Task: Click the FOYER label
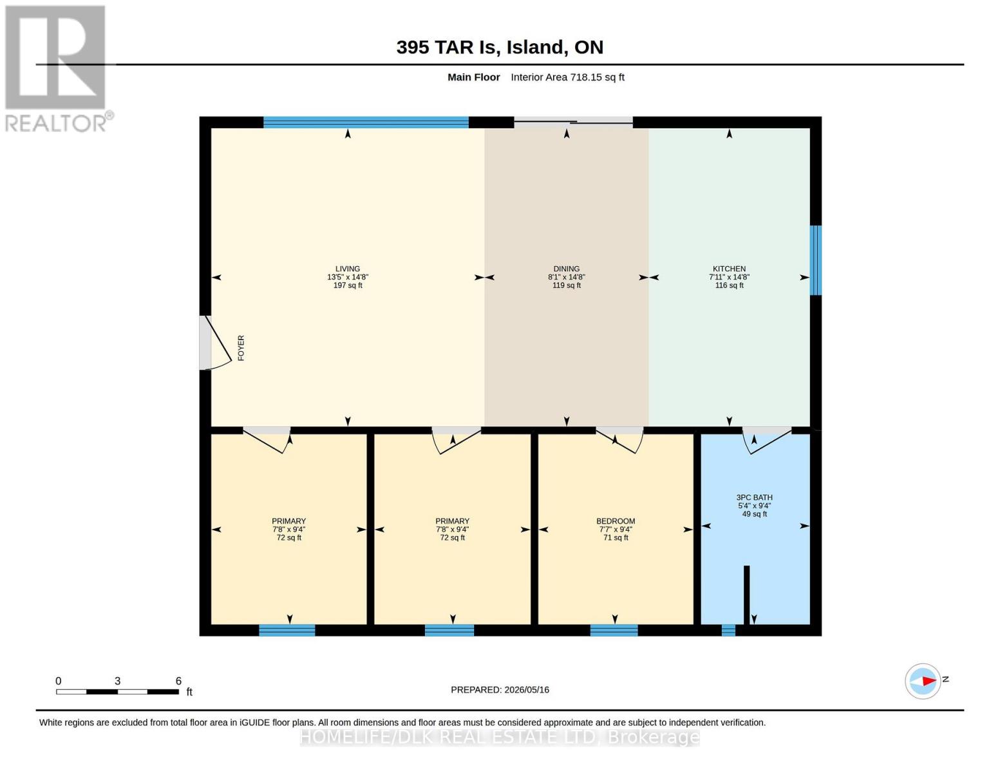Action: point(241,348)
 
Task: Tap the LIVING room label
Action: point(348,269)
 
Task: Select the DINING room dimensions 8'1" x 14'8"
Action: point(567,277)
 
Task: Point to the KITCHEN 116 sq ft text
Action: point(729,285)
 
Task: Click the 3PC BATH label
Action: point(754,497)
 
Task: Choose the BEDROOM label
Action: point(616,521)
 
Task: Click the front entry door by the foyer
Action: point(215,343)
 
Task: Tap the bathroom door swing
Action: point(767,441)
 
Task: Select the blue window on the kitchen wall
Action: point(815,260)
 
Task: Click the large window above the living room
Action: point(366,122)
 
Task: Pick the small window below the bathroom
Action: point(728,630)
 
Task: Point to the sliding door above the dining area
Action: point(573,121)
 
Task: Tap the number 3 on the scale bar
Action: point(117,681)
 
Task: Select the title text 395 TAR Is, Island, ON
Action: point(500,47)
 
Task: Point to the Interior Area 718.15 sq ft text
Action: point(567,77)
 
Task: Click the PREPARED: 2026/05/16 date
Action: point(500,690)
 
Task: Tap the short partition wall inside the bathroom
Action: point(747,595)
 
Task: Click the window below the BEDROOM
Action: point(614,630)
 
